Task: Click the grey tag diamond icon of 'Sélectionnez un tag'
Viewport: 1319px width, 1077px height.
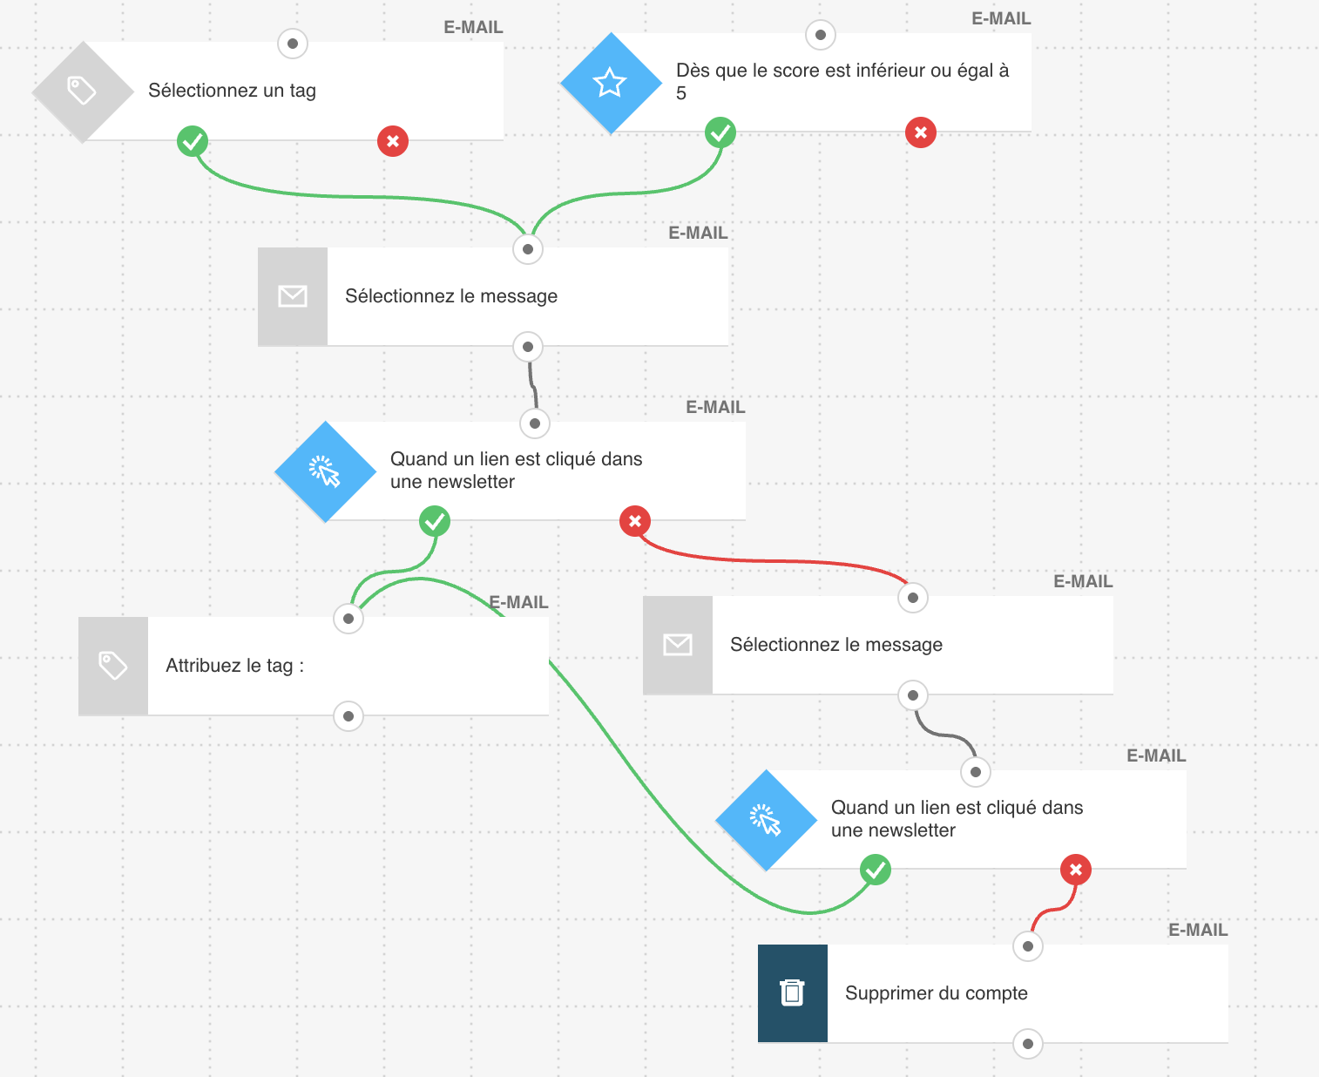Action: coord(82,91)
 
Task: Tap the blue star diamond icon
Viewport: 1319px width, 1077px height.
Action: coord(610,83)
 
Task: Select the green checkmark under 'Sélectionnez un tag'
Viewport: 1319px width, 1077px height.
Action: coord(193,141)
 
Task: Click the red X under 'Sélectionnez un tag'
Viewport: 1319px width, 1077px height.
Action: coord(393,141)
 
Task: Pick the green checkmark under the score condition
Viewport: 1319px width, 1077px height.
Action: coord(720,132)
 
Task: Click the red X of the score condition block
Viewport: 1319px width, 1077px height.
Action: coord(921,132)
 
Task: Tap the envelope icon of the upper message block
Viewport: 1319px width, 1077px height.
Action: coord(293,296)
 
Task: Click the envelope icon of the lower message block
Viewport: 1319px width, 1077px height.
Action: coord(678,645)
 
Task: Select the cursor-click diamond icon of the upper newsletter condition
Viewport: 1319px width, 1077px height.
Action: coord(325,471)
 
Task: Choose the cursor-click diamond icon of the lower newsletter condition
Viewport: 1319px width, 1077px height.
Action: coord(766,820)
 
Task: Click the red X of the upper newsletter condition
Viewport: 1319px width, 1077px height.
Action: coord(635,521)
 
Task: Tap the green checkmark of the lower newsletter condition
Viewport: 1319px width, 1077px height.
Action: coord(876,870)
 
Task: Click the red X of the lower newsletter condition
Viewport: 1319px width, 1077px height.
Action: coord(1076,870)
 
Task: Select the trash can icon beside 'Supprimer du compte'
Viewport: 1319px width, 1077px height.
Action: coord(793,993)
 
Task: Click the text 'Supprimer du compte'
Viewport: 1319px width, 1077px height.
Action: coord(936,993)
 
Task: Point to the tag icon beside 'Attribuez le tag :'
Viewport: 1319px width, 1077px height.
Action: coord(113,666)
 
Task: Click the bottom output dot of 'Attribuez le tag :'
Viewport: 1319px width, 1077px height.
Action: coord(348,716)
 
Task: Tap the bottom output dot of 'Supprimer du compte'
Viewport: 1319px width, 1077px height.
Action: coord(1028,1044)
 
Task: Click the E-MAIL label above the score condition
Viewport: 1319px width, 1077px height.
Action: coord(1001,19)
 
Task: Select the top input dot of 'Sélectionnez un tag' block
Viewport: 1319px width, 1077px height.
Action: coord(293,44)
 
